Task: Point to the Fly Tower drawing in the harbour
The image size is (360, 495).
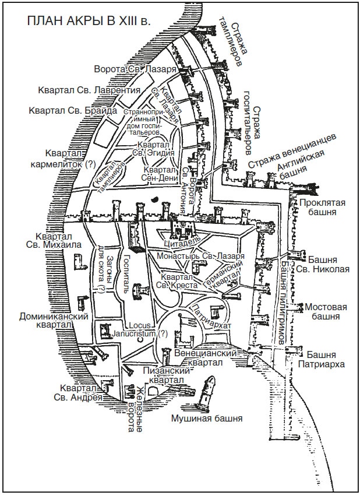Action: (207, 392)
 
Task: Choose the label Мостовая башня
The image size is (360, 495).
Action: (326, 312)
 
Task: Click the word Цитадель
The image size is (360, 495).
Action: (181, 240)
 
